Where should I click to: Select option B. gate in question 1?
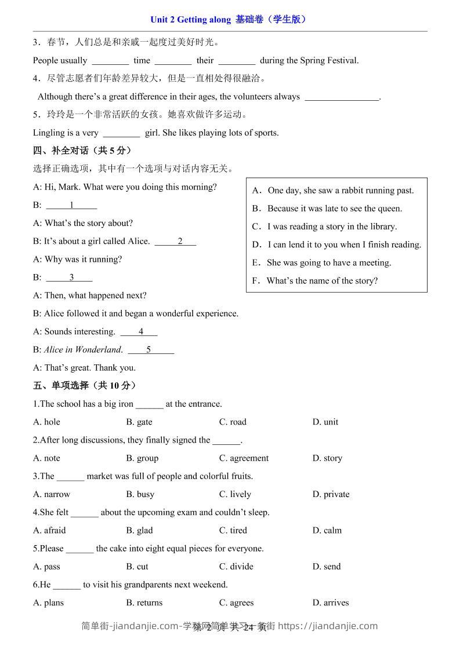pos(139,422)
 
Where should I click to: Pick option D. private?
pos(331,494)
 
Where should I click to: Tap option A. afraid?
pos(49,530)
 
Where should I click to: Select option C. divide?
pos(236,566)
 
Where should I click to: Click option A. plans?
pos(49,602)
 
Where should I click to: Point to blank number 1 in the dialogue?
pos(71,205)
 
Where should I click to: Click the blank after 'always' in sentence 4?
pos(342,97)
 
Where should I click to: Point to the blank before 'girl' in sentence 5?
pos(121,133)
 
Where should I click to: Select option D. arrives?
pos(331,602)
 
